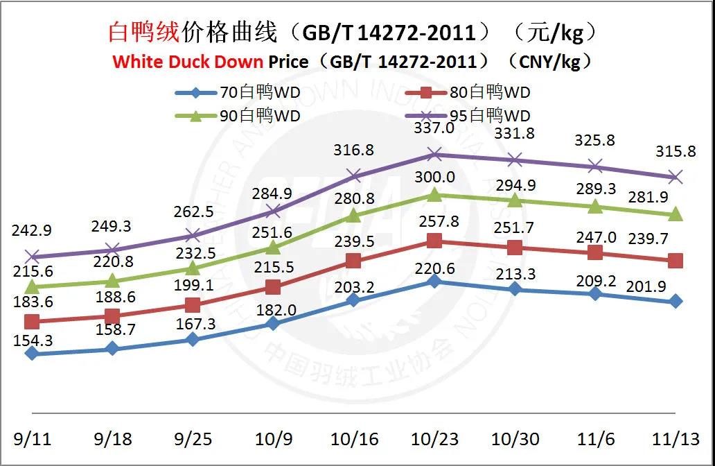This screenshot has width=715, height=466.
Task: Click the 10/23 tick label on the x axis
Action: (434, 440)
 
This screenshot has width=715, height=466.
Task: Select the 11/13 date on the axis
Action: (677, 440)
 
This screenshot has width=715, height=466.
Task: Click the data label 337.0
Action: (434, 128)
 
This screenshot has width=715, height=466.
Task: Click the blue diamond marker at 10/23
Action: (434, 281)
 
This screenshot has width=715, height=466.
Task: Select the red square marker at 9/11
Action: (31, 321)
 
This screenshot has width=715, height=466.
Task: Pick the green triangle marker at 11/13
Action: (676, 215)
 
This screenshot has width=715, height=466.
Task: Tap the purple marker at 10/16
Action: (353, 175)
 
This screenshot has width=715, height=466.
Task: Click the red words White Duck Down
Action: (188, 61)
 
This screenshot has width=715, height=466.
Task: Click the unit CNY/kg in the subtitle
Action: (549, 61)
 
